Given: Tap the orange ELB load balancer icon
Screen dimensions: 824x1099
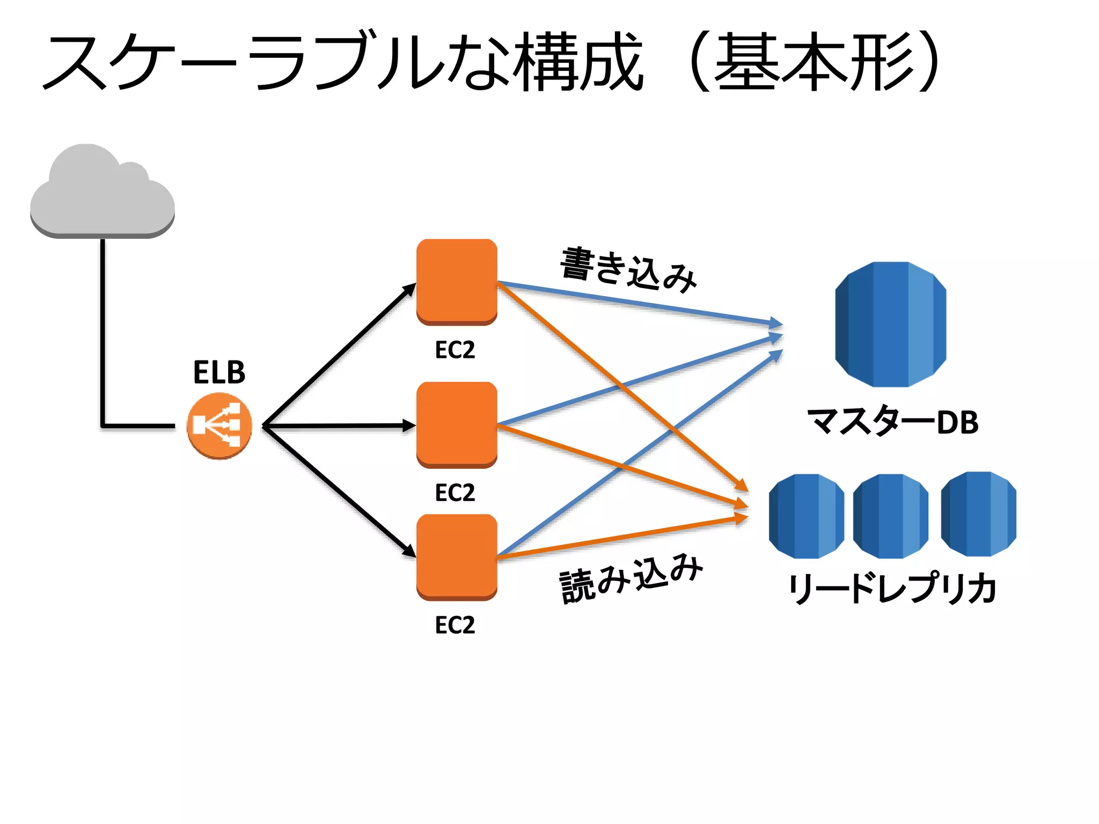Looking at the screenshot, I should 219,426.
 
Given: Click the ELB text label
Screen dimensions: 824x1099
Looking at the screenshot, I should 219,372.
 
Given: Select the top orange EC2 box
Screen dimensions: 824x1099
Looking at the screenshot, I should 457,281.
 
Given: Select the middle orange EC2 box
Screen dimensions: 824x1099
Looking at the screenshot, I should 457,424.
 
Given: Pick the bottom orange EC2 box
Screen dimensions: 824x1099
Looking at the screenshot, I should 457,556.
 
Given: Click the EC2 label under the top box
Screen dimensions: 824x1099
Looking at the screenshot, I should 455,350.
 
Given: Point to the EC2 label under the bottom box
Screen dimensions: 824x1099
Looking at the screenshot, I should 455,625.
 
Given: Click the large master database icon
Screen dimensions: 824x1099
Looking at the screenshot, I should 890,324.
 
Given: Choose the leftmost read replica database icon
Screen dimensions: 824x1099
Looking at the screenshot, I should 806,516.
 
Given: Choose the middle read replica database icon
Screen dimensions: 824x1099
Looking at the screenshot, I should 890,516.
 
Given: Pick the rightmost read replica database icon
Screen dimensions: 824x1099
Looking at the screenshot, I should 978,514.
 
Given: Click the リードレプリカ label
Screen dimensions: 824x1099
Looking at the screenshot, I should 892,588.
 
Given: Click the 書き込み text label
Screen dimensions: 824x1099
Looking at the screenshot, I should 628,270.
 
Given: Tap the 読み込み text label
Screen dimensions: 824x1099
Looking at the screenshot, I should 631,578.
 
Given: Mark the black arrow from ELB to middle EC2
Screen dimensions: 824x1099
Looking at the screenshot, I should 338,426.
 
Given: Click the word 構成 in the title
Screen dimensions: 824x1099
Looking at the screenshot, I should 577,62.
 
